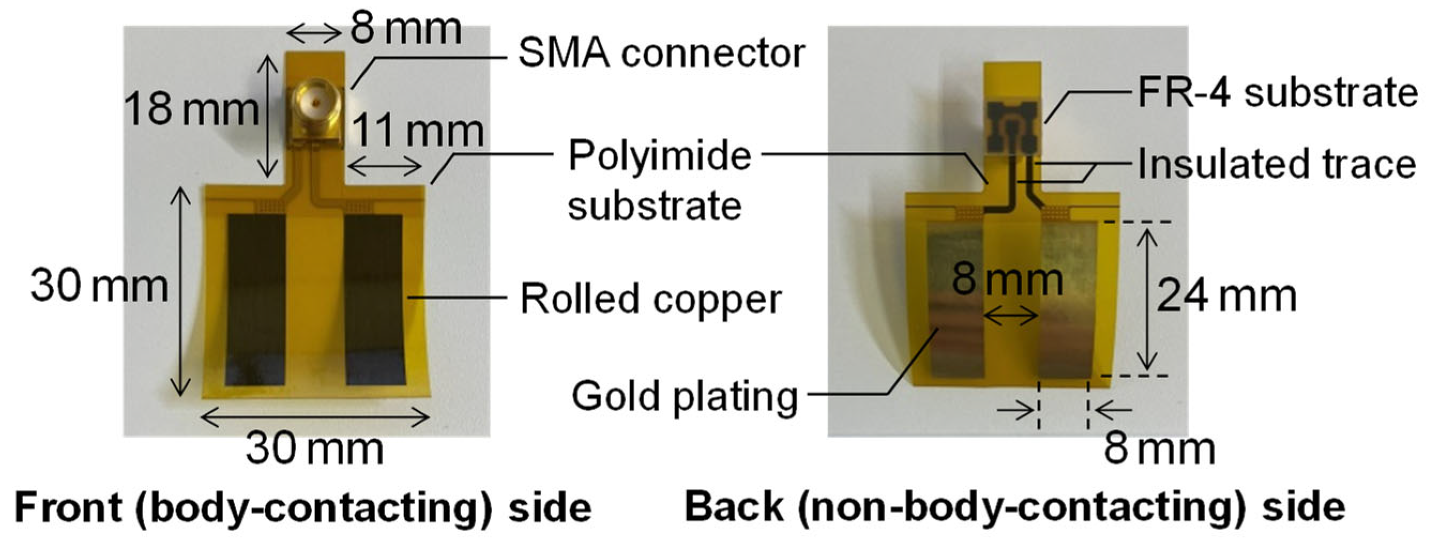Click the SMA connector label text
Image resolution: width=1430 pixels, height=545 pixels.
point(660,54)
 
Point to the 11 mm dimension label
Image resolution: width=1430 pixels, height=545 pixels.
point(417,132)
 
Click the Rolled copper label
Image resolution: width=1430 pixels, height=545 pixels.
point(651,299)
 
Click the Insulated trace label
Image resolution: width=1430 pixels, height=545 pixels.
point(1277,165)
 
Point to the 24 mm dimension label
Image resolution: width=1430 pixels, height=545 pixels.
point(1226,297)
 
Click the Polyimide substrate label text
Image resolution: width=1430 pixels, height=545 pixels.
point(659,180)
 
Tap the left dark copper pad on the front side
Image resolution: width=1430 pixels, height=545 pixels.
point(256,300)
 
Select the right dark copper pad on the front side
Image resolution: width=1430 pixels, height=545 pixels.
point(374,300)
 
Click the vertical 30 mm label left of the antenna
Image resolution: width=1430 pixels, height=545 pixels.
point(99,286)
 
